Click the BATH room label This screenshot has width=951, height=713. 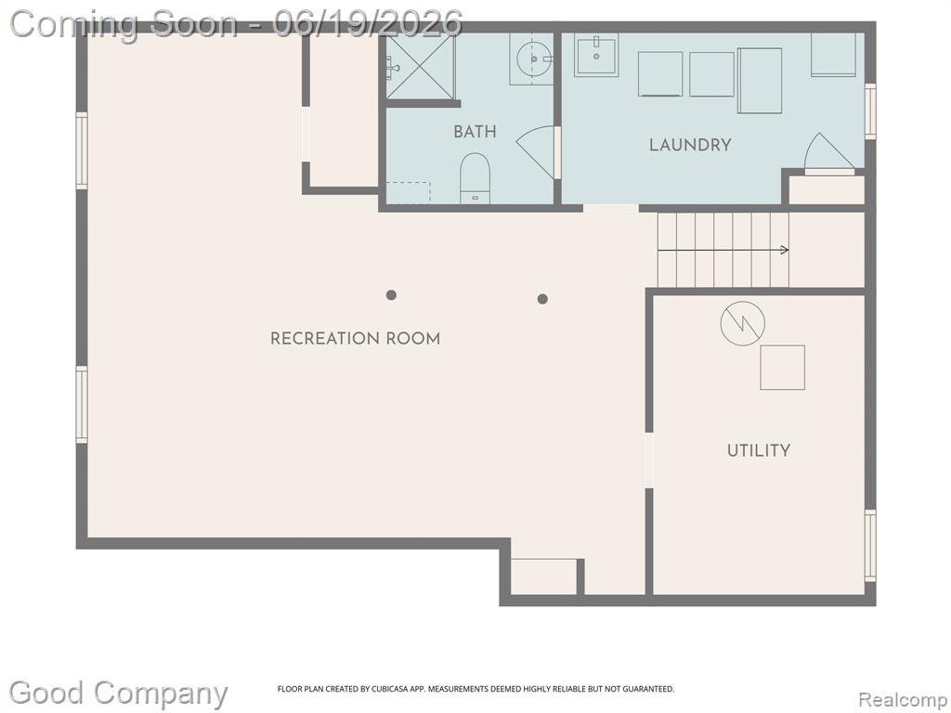475,132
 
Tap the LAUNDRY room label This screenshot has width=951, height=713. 690,145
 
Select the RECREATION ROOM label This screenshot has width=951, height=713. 356,338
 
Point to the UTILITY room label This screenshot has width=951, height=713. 759,450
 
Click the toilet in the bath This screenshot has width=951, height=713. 475,177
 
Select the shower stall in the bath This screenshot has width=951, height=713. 421,66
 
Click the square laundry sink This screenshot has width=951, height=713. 596,55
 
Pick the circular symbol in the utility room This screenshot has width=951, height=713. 742,324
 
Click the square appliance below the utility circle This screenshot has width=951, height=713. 782,368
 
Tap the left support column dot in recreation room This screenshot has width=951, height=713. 391,295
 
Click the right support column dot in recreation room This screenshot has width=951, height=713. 542,299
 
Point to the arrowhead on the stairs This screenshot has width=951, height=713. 785,250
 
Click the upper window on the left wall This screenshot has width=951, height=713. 82,150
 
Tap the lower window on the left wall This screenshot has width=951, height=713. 82,405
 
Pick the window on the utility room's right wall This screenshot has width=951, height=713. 870,546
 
